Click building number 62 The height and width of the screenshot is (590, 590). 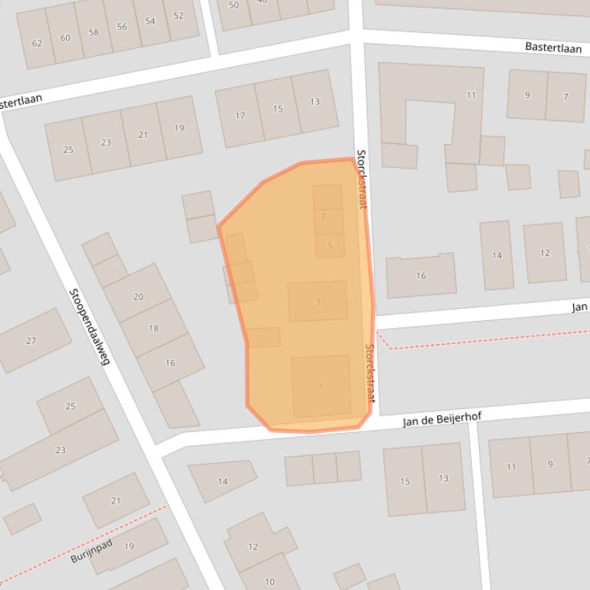pos(36,42)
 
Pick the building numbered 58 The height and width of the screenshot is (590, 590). pos(94,32)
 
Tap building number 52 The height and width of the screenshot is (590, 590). pos(179,16)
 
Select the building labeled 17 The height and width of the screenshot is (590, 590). pos(239,116)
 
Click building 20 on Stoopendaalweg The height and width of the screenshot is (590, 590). pos(138,297)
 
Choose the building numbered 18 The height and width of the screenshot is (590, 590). pos(153,328)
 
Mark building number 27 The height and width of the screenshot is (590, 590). pos(31,340)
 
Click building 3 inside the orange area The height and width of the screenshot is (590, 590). pos(318,301)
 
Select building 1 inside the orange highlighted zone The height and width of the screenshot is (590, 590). pos(321,386)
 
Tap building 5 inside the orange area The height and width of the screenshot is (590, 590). pos(330,245)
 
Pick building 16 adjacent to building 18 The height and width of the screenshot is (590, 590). pos(170,362)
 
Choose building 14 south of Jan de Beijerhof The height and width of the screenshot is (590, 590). pos(222,481)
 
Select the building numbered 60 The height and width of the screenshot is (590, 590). pos(65,38)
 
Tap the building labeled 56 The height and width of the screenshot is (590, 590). pos(122,27)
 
